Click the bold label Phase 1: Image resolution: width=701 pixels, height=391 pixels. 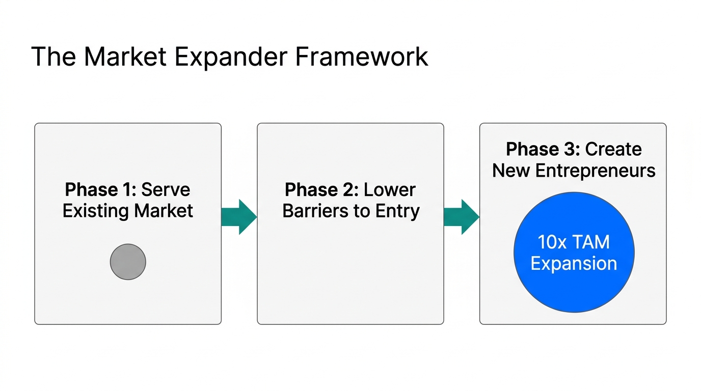(x=100, y=190)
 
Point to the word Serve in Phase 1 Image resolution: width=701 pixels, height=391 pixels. (x=166, y=190)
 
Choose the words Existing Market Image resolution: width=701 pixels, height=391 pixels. (x=127, y=211)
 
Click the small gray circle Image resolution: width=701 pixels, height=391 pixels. (x=128, y=262)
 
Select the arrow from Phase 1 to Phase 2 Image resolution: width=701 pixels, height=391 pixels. (x=238, y=217)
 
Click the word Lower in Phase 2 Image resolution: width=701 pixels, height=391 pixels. (x=390, y=190)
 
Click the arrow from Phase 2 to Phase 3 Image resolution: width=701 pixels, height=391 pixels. (x=461, y=217)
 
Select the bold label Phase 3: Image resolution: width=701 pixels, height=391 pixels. (x=543, y=149)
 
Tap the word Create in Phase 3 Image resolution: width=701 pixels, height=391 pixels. (x=613, y=149)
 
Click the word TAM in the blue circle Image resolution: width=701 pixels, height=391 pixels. (x=591, y=242)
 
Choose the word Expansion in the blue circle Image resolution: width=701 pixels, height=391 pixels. (x=574, y=264)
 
